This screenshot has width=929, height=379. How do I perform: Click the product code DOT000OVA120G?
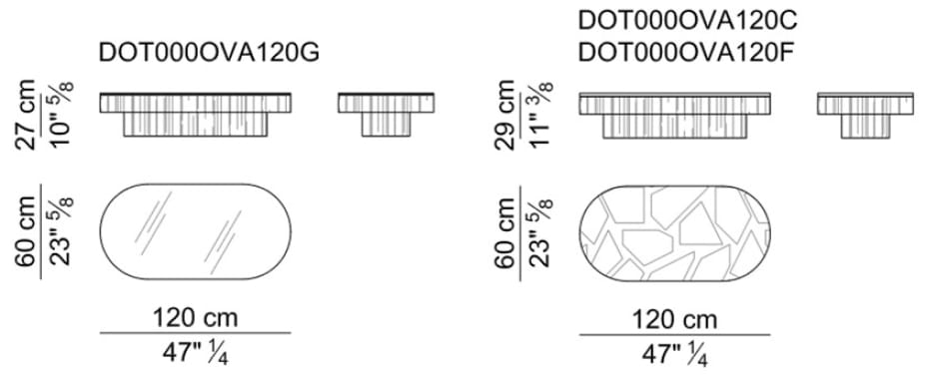210,55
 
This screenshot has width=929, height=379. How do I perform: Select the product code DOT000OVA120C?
688,20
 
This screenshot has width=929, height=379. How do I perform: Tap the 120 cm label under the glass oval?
194,319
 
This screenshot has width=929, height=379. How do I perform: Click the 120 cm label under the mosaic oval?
674,319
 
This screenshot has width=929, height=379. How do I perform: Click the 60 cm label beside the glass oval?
28,231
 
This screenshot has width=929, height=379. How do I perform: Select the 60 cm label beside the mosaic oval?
507,231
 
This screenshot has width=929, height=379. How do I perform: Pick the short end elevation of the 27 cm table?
379,113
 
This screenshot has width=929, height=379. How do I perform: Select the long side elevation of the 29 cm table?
676,113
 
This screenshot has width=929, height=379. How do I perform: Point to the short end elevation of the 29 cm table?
858,113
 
